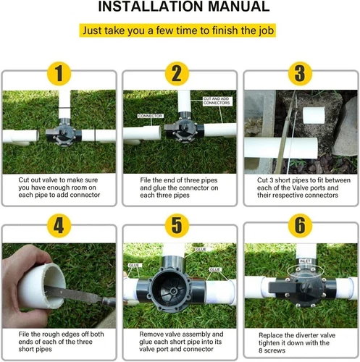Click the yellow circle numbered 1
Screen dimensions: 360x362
[x=59, y=74]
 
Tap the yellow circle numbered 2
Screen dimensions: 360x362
[x=177, y=74]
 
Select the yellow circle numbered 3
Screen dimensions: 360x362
[x=300, y=74]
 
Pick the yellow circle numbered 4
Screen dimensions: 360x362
[x=59, y=226]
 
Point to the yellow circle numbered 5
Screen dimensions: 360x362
[x=177, y=226]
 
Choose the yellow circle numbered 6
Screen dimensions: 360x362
[x=300, y=226]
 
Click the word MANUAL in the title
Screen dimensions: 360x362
[x=238, y=7]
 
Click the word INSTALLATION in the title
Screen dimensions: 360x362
[x=151, y=7]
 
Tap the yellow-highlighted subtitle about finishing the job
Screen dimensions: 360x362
[x=177, y=30]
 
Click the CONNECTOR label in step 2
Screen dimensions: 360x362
[x=150, y=116]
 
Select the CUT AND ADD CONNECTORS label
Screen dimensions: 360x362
[x=217, y=101]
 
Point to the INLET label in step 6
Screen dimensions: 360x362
[x=305, y=261]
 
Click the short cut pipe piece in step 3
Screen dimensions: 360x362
[x=314, y=115]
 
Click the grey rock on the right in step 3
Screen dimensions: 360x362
[x=346, y=127]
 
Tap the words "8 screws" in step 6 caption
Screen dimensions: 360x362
[x=272, y=350]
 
